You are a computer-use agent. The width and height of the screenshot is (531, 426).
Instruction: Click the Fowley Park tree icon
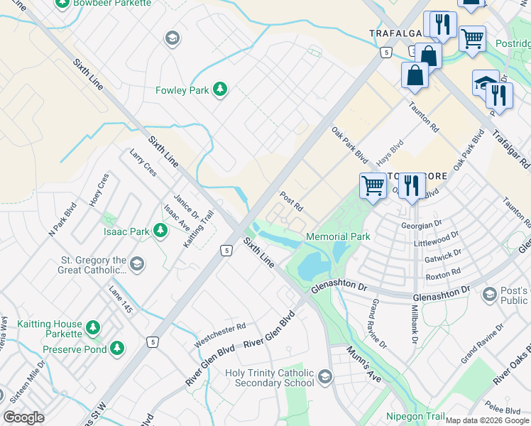coord(221,89)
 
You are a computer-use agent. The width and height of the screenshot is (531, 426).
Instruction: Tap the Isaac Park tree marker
coord(160,230)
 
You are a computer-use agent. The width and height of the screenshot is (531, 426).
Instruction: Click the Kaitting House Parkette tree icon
coord(92,327)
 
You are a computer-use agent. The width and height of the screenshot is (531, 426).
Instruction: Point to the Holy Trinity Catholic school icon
coord(326,376)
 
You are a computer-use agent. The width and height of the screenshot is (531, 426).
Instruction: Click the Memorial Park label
coord(338,236)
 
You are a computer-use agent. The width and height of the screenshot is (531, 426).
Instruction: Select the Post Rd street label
coord(291,201)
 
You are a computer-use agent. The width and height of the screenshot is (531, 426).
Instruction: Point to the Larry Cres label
coord(143,163)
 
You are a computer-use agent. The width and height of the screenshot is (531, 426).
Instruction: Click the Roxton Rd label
coord(444,271)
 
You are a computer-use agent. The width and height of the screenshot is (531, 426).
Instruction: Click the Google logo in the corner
coord(23,417)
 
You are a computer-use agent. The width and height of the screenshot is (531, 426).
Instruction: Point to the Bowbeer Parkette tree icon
coord(62,4)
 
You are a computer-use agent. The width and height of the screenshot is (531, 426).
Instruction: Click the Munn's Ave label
coord(363,364)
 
